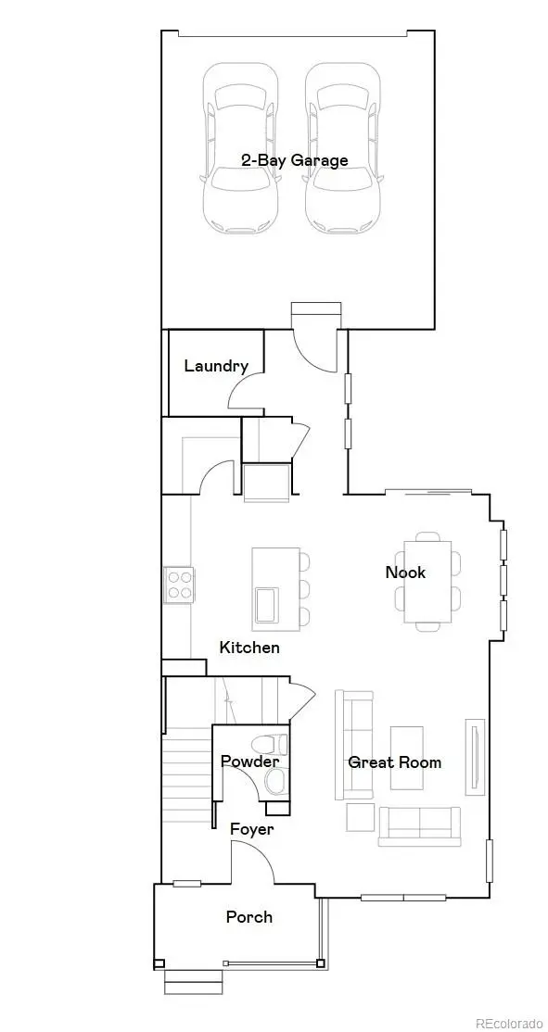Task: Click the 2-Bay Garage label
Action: coord(294,160)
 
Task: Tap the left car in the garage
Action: coord(240,148)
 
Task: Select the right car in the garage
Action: coord(343,148)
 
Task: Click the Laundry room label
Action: coord(215,366)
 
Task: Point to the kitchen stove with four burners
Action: coord(179,584)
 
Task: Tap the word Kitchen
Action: coord(249,647)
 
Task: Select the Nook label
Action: coord(405,572)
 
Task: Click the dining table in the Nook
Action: coord(429,581)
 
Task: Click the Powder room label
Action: coord(249,761)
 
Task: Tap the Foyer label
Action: coord(251,828)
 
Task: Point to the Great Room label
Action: coord(394,762)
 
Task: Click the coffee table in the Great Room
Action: coord(406,757)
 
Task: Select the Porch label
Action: coord(249,916)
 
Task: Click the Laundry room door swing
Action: coord(243,394)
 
